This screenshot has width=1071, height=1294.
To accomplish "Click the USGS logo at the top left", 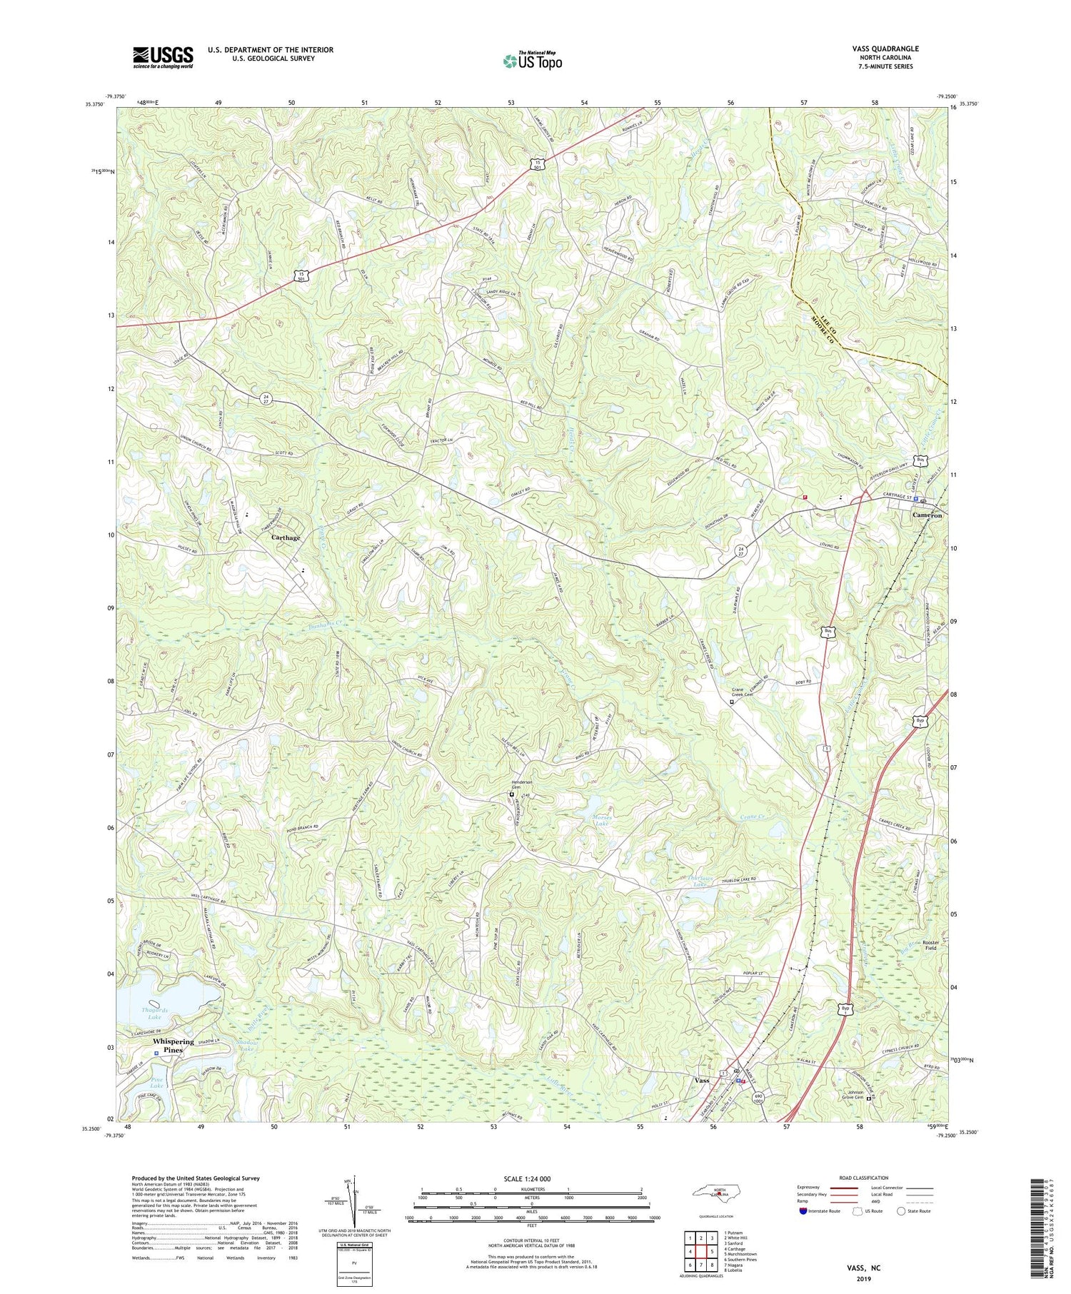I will tap(163, 57).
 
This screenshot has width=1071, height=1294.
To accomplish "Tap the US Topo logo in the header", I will tap(532, 61).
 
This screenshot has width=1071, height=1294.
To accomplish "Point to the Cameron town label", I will tap(927, 515).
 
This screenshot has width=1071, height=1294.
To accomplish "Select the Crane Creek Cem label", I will tap(743, 694).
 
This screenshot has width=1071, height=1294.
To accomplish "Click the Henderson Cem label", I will tap(521, 784).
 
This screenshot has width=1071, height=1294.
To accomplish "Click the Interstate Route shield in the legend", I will tap(805, 1210).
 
